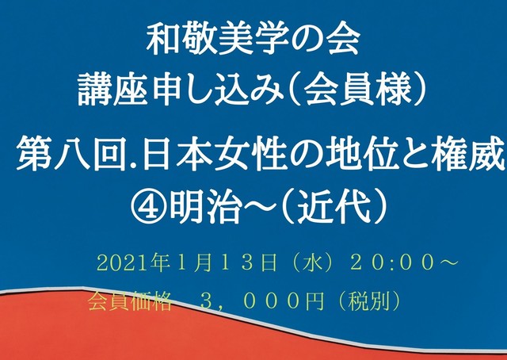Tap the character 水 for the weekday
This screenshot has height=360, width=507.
coord(314,263)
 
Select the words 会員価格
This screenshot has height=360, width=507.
coord(130,302)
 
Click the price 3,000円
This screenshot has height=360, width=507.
coord(262,302)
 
